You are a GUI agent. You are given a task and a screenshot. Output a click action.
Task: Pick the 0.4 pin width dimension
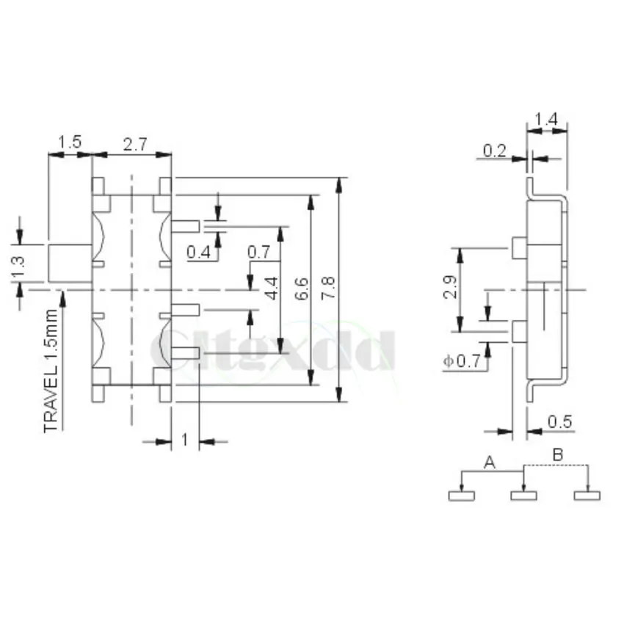coord(198,253)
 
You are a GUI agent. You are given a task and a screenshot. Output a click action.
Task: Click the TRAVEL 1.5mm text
coord(51,371)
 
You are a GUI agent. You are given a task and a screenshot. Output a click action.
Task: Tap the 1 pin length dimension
coord(184,440)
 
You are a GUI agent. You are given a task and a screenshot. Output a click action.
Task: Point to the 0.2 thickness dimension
coord(495,151)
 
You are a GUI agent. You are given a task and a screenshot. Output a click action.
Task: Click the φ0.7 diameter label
coord(462,360)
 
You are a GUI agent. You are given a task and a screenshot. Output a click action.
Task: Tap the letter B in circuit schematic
coord(557,456)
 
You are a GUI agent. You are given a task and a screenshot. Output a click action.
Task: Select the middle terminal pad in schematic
coord(523,496)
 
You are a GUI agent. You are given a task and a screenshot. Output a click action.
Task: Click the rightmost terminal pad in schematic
coord(587,496)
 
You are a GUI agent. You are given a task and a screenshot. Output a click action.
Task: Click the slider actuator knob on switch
coord(69,264)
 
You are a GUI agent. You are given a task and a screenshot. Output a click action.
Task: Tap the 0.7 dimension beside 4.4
coord(259,253)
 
